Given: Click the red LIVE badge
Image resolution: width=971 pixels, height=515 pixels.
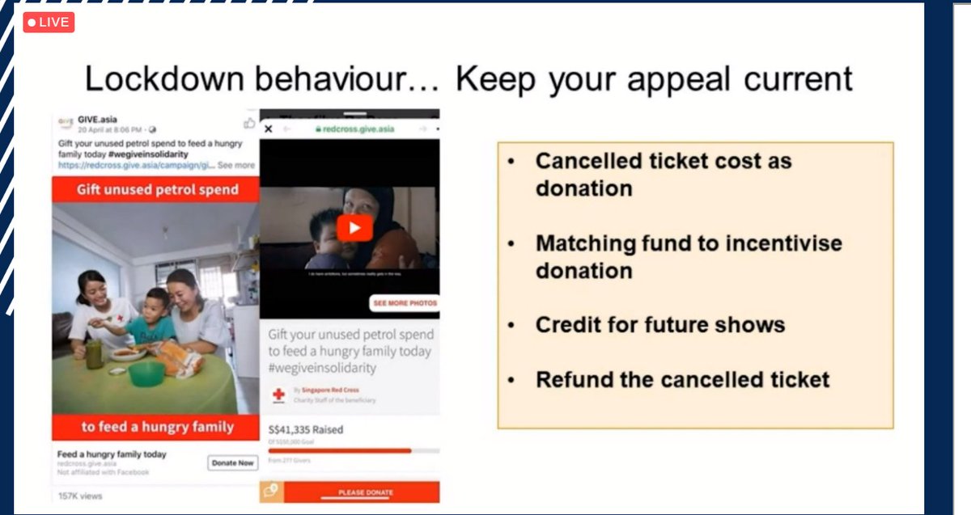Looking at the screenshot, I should (49, 22).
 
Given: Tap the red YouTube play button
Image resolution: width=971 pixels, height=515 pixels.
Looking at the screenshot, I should (354, 228).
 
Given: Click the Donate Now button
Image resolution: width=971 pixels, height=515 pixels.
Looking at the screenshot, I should (233, 463).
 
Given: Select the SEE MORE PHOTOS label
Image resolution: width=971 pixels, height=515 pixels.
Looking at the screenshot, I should (404, 303).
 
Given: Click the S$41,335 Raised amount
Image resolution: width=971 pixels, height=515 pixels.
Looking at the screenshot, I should (306, 428).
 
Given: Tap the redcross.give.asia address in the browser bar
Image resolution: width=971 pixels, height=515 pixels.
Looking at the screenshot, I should (354, 129).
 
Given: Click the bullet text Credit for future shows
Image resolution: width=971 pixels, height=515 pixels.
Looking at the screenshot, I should (659, 325).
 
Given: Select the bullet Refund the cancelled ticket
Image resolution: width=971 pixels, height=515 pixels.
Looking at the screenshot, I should (682, 379).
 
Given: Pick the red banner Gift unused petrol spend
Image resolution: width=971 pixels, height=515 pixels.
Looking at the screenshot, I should (157, 189).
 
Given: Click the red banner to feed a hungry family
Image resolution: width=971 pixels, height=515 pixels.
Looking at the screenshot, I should (157, 426).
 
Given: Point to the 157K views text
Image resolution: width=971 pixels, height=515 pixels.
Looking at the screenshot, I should (80, 496).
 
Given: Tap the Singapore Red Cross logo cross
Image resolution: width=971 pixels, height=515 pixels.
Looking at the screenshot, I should (279, 394).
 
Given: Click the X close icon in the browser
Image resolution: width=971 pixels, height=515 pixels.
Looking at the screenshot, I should (269, 129).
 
